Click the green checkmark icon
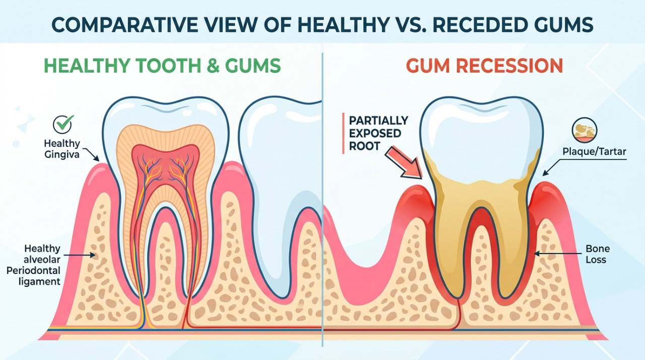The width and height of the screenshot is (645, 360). coord(63,125)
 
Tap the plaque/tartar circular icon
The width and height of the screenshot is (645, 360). coord(584,131)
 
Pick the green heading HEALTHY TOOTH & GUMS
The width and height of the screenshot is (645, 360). coord(162,66)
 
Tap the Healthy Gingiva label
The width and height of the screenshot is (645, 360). coord(62,149)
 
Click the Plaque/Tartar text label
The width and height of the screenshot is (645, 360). coord(594,151)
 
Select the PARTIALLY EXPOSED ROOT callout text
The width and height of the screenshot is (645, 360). coord(378,133)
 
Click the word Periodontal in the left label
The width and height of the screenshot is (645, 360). coord(33,271)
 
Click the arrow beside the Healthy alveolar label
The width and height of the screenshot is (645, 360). coord(80,255)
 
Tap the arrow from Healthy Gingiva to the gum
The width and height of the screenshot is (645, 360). coord(91,155)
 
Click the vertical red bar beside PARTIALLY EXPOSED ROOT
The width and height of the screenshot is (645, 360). coord(343,133)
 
